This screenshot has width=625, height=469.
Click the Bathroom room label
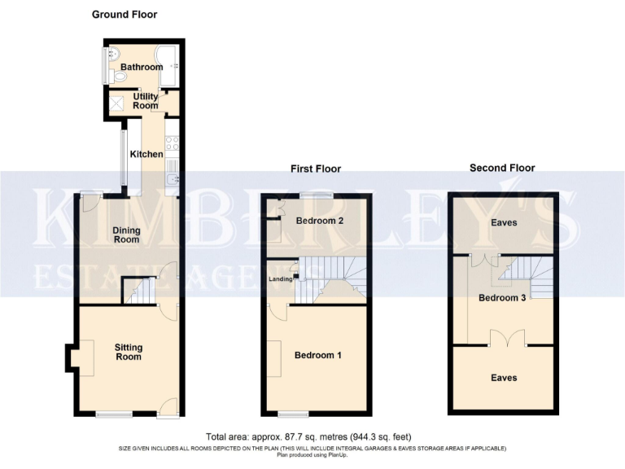click(x=142, y=67)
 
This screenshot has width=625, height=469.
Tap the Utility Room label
click(x=146, y=101)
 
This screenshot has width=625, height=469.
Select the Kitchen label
click(x=147, y=154)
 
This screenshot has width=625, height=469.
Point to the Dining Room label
click(x=126, y=234)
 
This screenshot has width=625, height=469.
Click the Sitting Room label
click(x=129, y=353)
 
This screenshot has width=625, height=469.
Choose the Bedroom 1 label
click(x=317, y=356)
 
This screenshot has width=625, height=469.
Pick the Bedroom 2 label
click(x=319, y=221)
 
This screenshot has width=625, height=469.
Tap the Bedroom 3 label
click(x=504, y=297)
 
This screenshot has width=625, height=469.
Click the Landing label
click(x=280, y=280)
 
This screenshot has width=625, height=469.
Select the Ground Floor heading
click(x=125, y=14)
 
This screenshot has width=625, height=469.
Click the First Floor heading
click(x=316, y=169)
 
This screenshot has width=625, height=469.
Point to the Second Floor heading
click(x=502, y=168)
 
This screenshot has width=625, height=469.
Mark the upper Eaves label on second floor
click(x=503, y=222)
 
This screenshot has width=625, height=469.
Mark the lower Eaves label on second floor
click(x=503, y=378)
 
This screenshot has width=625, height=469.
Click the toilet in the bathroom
click(x=119, y=76)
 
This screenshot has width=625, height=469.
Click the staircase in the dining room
click(x=140, y=291)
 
